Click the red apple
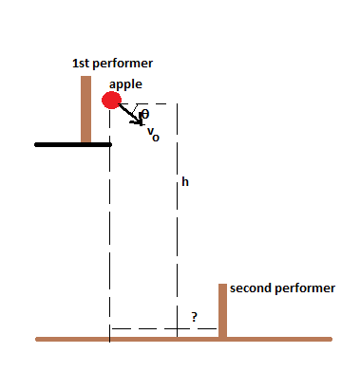(x=112, y=100)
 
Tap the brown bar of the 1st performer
(x=85, y=109)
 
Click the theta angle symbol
(x=144, y=115)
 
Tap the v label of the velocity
(x=150, y=131)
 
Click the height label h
(x=184, y=182)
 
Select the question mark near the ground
(x=194, y=318)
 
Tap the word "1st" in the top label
(x=83, y=64)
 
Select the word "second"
(x=249, y=287)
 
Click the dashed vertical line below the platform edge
(x=110, y=237)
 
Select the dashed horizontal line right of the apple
(x=157, y=103)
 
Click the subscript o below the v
(x=156, y=138)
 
